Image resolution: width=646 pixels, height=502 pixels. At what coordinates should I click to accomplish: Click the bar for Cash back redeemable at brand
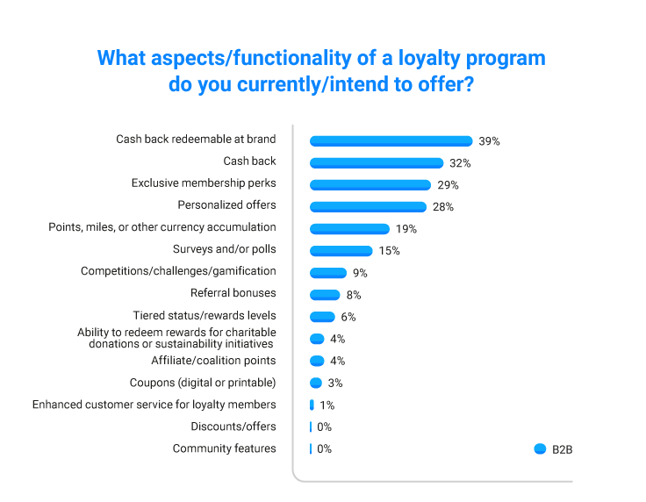pyautogui.click(x=391, y=140)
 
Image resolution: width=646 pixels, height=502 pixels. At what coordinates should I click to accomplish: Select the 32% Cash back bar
pyautogui.click(x=377, y=162)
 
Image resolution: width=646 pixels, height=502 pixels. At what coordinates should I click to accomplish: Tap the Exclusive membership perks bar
pyautogui.click(x=370, y=184)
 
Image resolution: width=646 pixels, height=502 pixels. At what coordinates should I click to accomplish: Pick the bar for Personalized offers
pyautogui.click(x=369, y=206)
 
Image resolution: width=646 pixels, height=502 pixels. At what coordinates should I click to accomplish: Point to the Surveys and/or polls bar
pyautogui.click(x=341, y=251)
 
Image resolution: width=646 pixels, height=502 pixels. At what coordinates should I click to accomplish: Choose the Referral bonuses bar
pyautogui.click(x=325, y=295)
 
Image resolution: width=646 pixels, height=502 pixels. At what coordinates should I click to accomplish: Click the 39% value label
pyautogui.click(x=489, y=141)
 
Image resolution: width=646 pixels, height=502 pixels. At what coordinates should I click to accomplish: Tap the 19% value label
pyautogui.click(x=406, y=229)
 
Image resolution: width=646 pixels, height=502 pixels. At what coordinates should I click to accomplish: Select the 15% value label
pyautogui.click(x=389, y=251)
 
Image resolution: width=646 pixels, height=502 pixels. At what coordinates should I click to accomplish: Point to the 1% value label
pyautogui.click(x=327, y=405)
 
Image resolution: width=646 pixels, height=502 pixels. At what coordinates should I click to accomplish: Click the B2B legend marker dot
pyautogui.click(x=540, y=448)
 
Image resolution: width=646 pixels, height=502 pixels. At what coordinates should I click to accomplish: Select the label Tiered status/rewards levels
pyautogui.click(x=204, y=315)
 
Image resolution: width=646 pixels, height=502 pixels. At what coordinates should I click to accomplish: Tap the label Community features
pyautogui.click(x=224, y=448)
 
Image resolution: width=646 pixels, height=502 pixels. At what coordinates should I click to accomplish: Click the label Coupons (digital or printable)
pyautogui.click(x=202, y=383)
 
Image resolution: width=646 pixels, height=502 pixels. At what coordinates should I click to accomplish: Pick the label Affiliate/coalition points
pyautogui.click(x=213, y=361)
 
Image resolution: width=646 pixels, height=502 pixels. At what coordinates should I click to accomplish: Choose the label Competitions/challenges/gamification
pyautogui.click(x=178, y=271)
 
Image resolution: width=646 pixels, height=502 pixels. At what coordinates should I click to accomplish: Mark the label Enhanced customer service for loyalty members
pyautogui.click(x=154, y=405)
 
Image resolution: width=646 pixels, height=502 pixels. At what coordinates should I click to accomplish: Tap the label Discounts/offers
pyautogui.click(x=233, y=427)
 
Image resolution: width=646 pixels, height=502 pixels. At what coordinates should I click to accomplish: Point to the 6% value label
pyautogui.click(x=348, y=317)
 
